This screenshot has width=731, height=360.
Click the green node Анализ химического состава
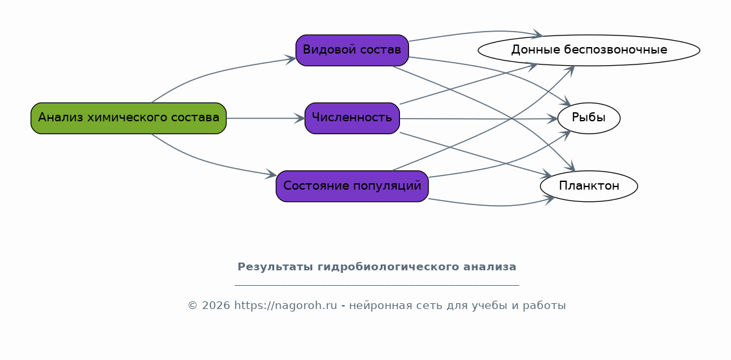128,119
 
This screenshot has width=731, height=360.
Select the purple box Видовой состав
352,50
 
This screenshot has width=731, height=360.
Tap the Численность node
352,119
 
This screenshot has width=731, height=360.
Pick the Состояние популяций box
352,186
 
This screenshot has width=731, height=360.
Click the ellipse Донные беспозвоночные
589,50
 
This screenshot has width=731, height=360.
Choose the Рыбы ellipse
589,119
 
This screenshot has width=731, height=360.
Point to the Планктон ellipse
589,186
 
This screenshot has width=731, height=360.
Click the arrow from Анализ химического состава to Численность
265,119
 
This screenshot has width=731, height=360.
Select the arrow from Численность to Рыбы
479,119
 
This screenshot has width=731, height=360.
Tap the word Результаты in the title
275,267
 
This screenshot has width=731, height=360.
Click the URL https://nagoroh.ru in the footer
285,306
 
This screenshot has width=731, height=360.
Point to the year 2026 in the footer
216,306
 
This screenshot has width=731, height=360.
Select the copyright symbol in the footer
193,306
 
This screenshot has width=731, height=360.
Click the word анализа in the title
490,267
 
